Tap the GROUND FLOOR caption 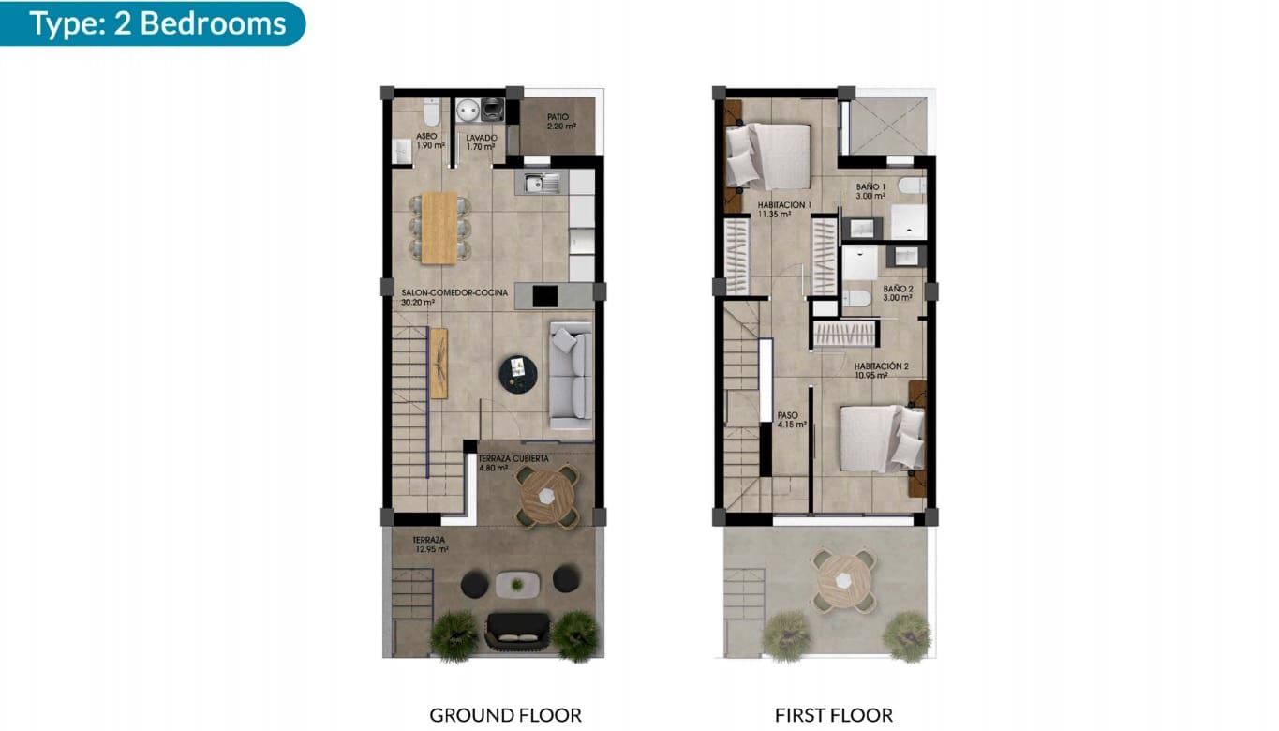point(505,715)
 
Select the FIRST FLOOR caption point(833,715)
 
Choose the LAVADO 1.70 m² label point(482,141)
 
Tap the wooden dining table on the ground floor point(439,228)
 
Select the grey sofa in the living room point(571,370)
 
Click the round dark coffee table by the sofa point(518,374)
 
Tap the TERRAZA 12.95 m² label point(430,545)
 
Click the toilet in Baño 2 point(857,299)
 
